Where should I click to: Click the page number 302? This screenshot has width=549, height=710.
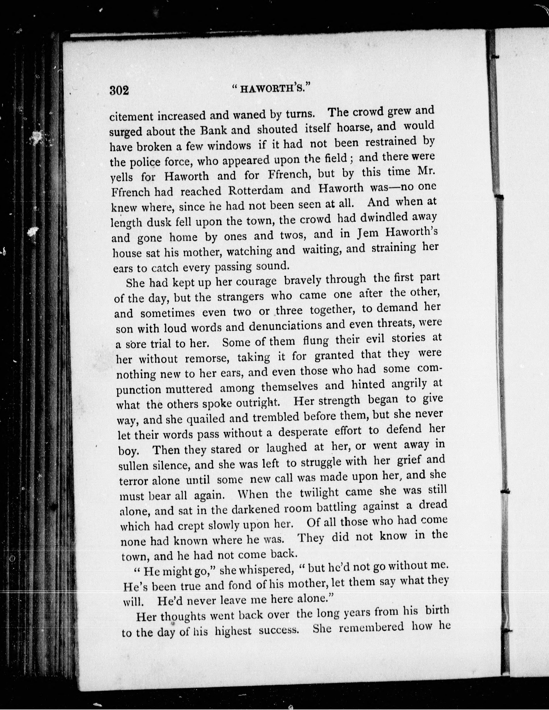119,90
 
